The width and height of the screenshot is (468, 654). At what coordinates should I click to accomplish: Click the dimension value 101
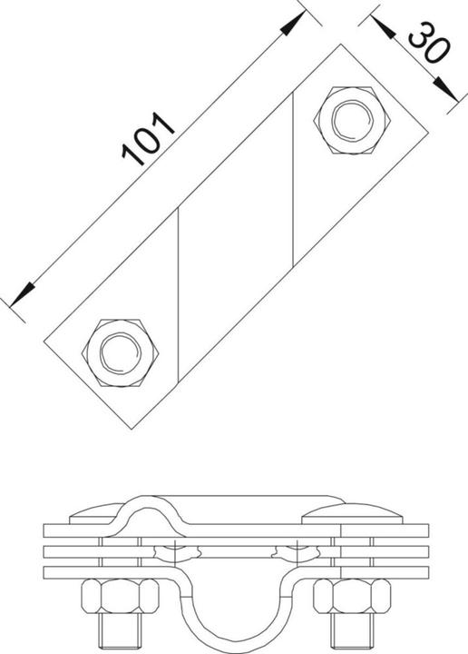[149, 140]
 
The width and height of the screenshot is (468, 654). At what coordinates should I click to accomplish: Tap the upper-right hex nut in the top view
[351, 118]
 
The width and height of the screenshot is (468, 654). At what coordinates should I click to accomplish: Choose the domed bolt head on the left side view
[97, 516]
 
